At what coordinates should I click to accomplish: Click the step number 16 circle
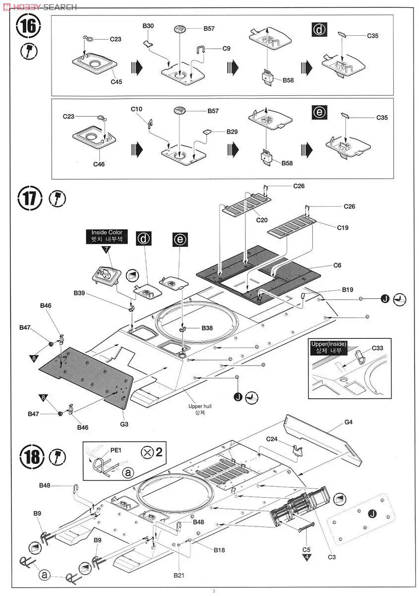28,27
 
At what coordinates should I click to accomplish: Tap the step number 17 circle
29,199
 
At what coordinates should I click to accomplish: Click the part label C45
117,82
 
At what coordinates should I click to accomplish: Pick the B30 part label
148,26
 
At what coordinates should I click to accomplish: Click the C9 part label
227,48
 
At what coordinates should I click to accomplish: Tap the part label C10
136,109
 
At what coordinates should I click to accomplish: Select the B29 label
232,132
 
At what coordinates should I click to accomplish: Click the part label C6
337,265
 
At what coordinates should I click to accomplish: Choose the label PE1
116,450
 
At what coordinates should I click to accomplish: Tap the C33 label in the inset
377,348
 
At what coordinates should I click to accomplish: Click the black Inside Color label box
107,235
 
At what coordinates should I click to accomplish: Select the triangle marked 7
107,249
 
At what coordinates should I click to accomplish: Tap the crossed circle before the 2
147,451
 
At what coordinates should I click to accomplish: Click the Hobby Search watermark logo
39,6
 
